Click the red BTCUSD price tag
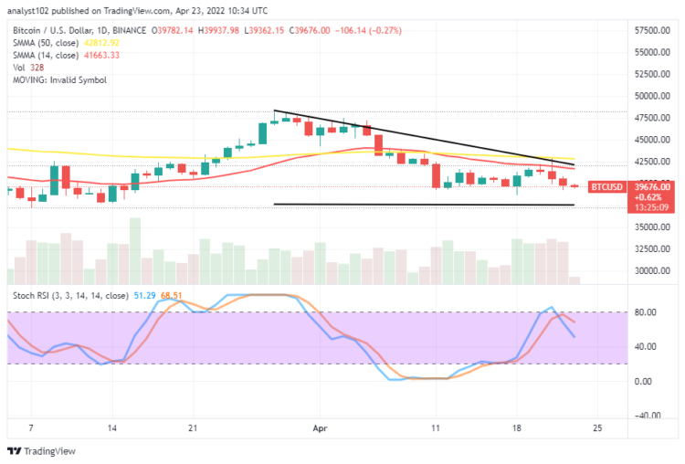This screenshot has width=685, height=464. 606,186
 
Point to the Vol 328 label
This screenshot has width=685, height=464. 22,68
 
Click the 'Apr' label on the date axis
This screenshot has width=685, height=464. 320,427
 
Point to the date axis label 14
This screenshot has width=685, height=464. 112,427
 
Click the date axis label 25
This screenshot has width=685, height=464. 595,427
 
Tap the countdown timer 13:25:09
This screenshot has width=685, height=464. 606,206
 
